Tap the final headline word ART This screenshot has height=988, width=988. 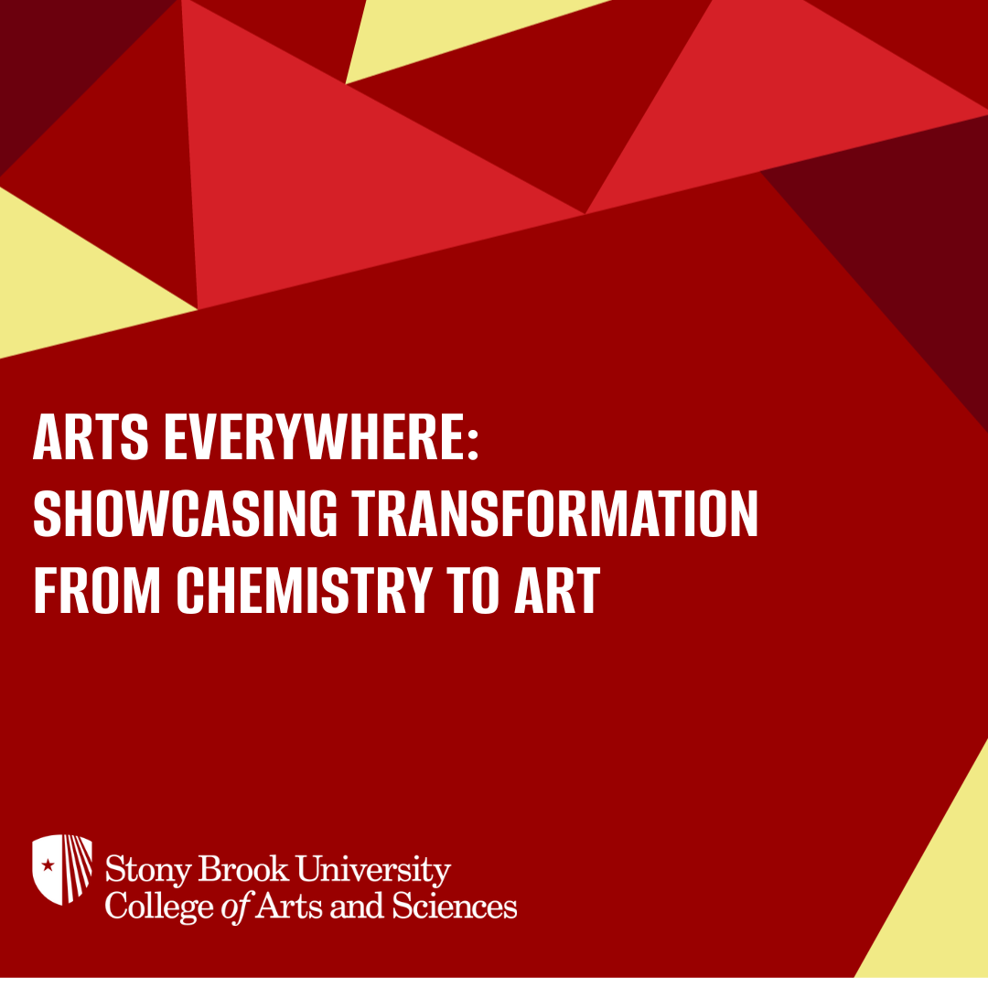click(x=556, y=590)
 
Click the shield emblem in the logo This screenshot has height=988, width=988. click(x=62, y=869)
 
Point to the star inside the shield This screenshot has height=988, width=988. click(x=48, y=864)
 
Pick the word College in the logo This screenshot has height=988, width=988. click(x=149, y=907)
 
